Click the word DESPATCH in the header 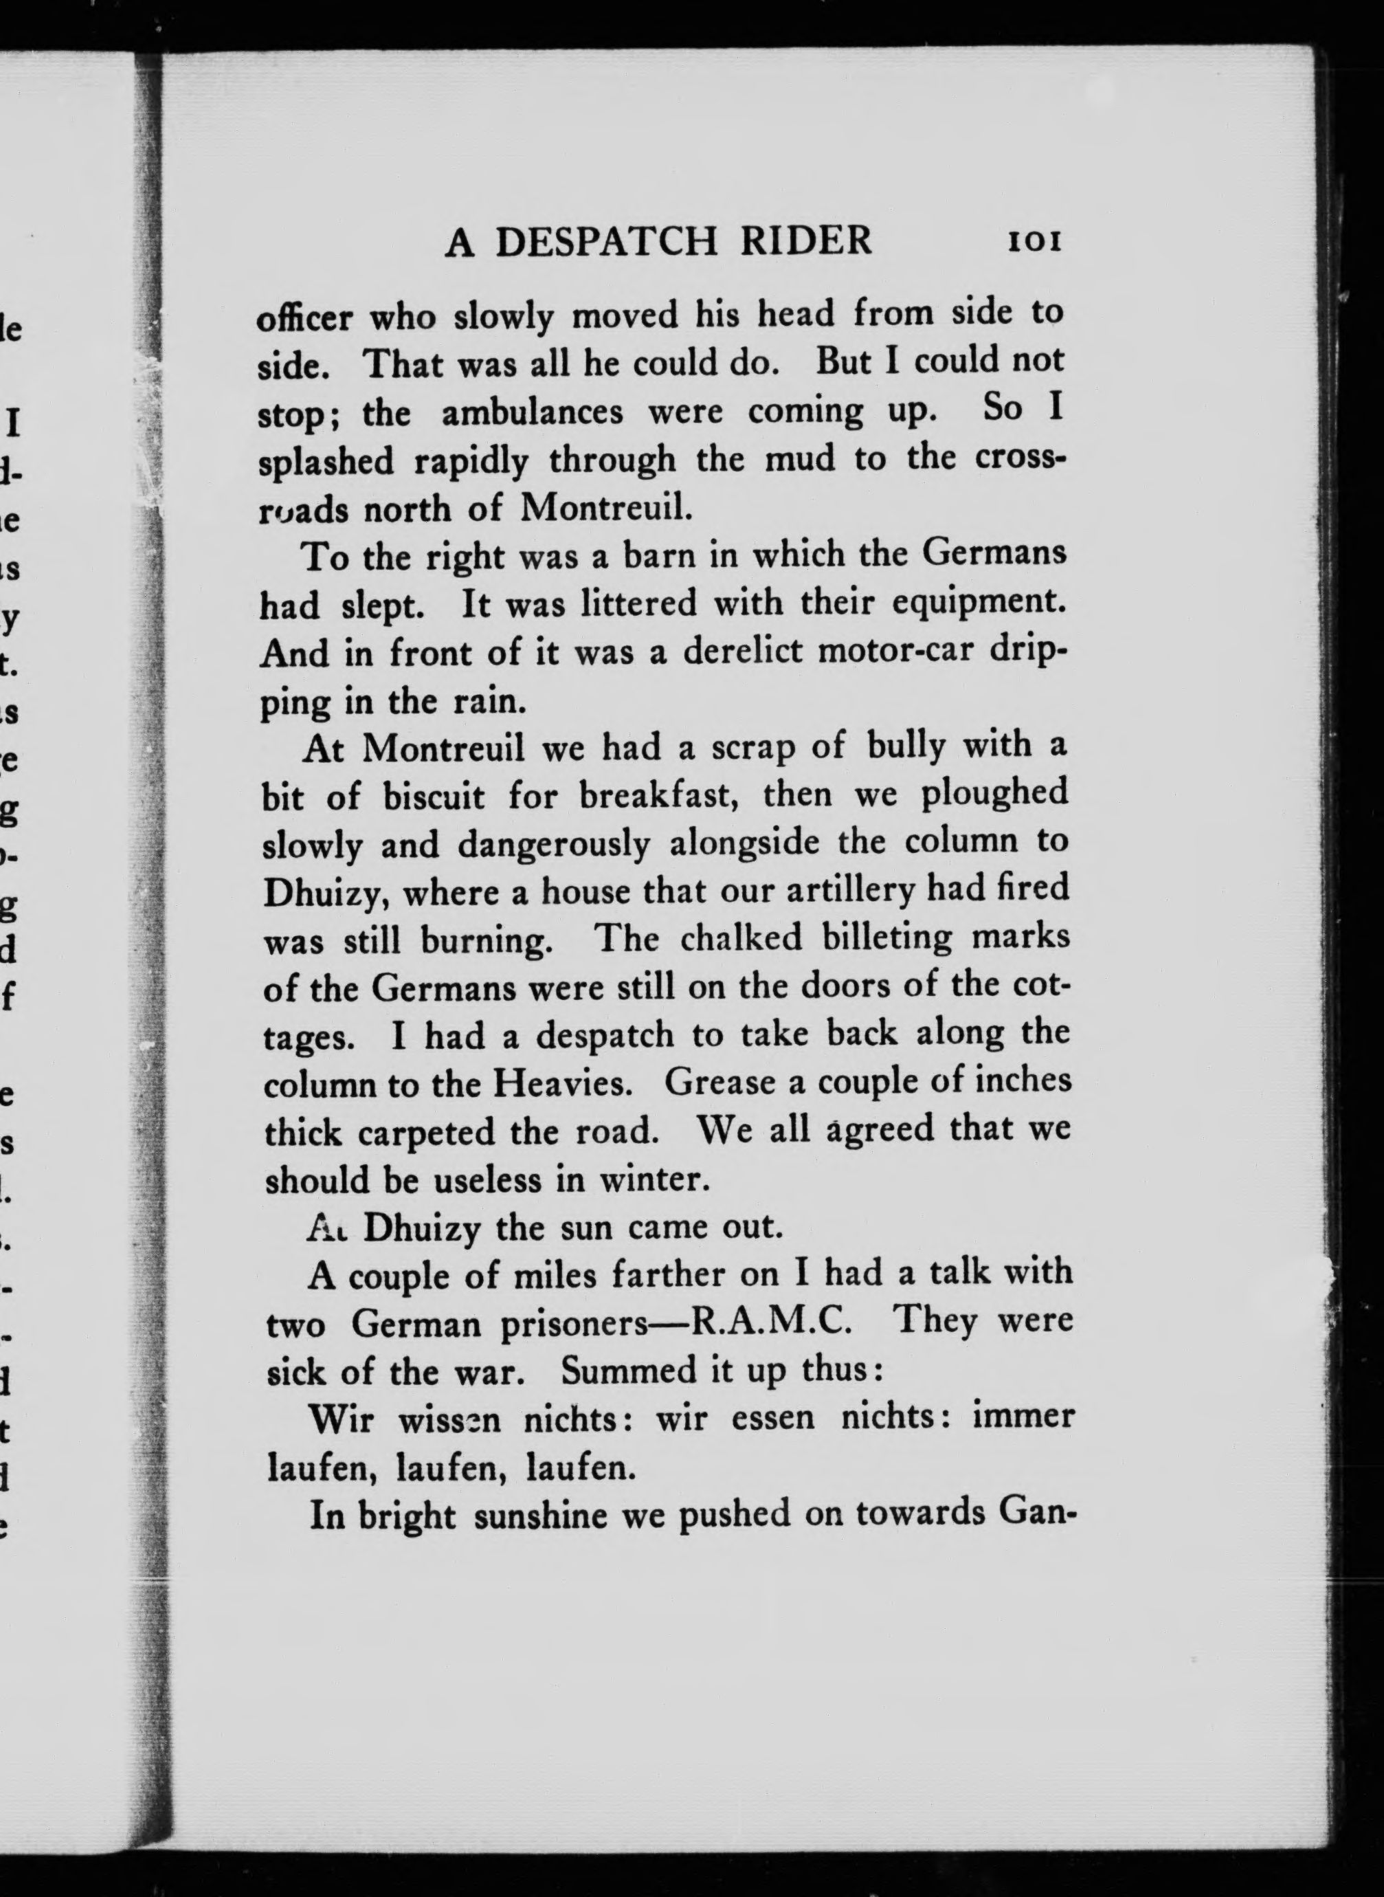[x=607, y=242]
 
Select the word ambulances [x=532, y=412]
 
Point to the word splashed [x=326, y=462]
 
